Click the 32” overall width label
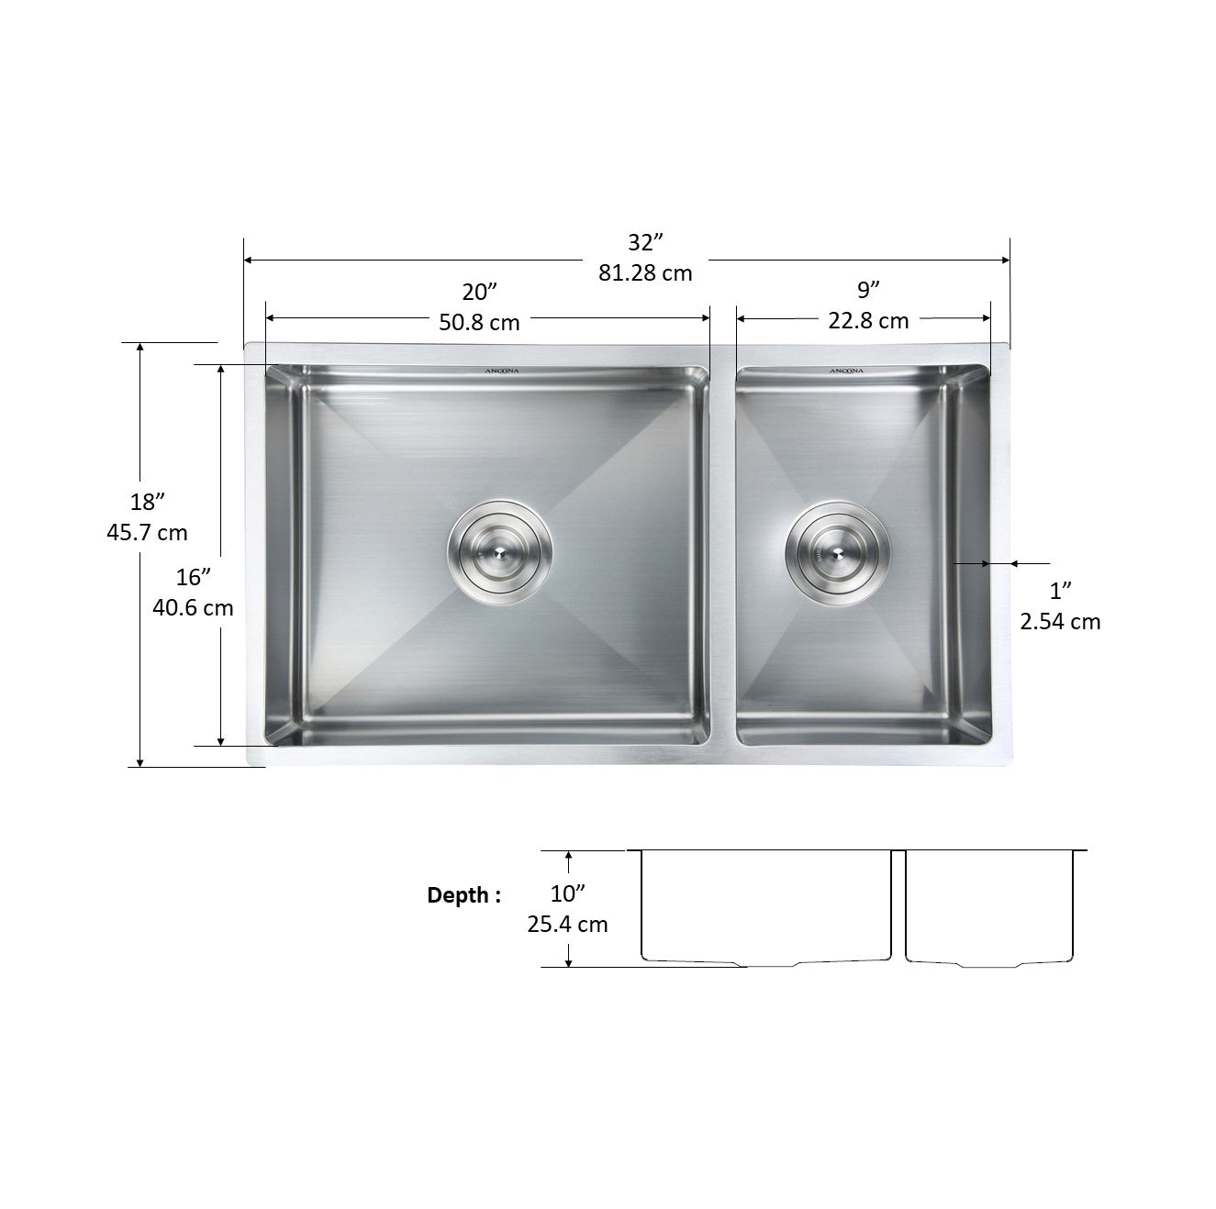645,242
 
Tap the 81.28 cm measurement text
645,273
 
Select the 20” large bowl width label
479,292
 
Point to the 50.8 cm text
479,323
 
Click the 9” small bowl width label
868,290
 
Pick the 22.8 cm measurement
868,320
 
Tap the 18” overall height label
147,503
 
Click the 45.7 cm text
147,533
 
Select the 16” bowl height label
193,577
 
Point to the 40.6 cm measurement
193,607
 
